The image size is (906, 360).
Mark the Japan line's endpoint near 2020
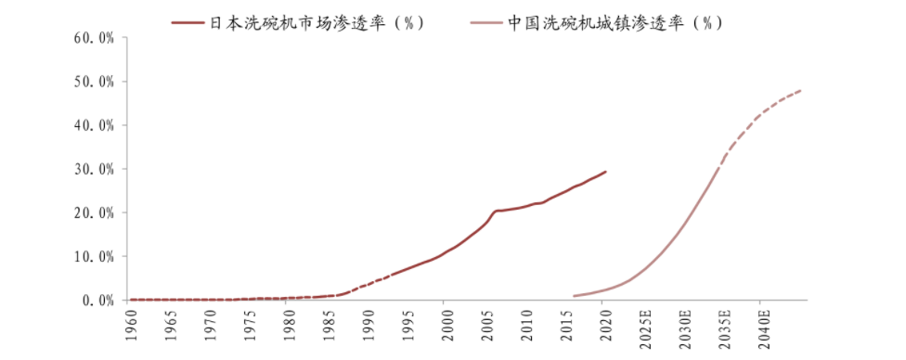click(x=605, y=172)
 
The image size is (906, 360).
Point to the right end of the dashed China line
click(x=800, y=90)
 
